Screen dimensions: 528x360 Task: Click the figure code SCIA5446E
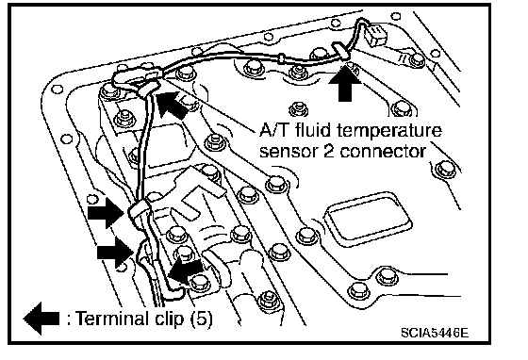435,333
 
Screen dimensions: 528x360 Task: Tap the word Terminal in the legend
112,318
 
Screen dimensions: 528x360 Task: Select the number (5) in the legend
202,319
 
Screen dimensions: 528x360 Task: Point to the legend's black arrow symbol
41,319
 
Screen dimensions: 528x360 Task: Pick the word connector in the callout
383,151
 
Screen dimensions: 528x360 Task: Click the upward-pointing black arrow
344,84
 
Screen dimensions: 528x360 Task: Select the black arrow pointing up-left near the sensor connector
173,104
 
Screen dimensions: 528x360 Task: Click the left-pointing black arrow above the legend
185,270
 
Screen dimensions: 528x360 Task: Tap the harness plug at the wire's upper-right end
376,34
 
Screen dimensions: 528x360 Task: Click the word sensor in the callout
288,152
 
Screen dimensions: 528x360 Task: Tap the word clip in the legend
170,319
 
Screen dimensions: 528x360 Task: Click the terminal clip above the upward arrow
340,51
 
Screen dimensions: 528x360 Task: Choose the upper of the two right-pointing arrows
106,213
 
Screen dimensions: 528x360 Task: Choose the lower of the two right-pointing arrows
115,253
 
